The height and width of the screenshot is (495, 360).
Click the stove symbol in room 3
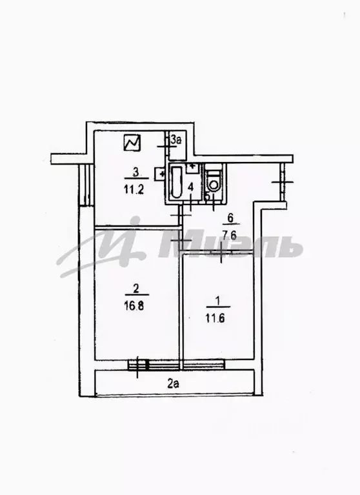pos(132,143)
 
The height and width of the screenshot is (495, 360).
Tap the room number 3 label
pos(135,173)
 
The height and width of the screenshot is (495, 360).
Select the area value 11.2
pos(134,190)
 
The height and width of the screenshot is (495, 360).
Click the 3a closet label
pos(176,140)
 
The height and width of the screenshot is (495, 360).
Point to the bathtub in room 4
pos(177,183)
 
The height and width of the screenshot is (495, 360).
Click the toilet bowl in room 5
pos(214,181)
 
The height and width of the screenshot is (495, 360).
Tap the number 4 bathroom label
pos(190,187)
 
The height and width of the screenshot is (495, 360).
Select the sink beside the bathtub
pos(192,167)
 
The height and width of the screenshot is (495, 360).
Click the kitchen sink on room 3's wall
pos(160,174)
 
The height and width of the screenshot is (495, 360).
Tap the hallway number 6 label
pos(230,217)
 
